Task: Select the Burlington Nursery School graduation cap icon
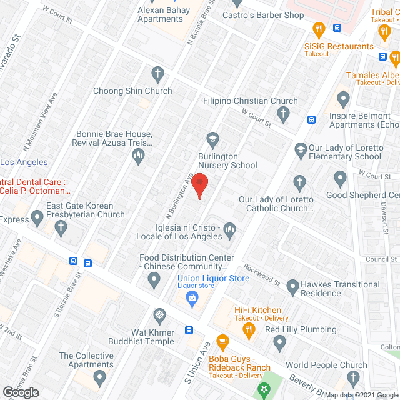[212, 139]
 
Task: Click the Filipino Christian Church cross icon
[284, 114]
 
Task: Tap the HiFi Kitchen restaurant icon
[249, 330]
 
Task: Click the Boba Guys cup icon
[221, 342]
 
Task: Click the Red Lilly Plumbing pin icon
[280, 342]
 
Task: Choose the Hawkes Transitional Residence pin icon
[292, 287]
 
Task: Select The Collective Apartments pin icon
[99, 377]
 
